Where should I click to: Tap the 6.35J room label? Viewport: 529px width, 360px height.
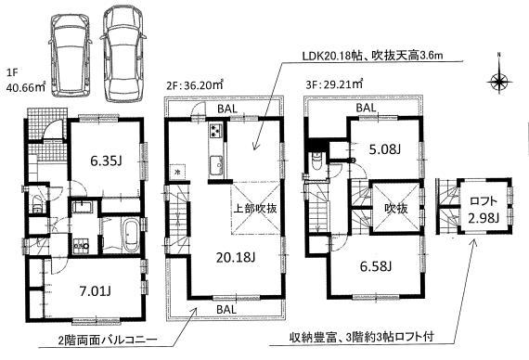82,161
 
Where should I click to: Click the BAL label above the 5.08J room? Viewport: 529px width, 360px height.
367,109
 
